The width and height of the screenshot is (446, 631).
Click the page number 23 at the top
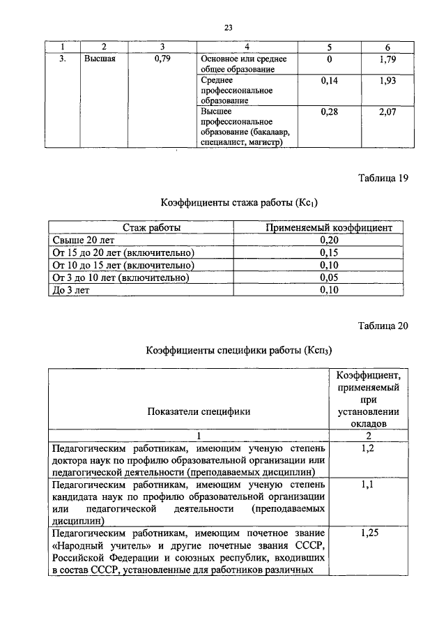click(x=227, y=28)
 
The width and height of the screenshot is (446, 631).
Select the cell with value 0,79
click(x=162, y=59)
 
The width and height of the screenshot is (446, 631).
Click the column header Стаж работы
click(x=152, y=227)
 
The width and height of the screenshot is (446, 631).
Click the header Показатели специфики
click(x=199, y=411)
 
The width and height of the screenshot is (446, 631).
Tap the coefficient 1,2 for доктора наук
click(x=368, y=448)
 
